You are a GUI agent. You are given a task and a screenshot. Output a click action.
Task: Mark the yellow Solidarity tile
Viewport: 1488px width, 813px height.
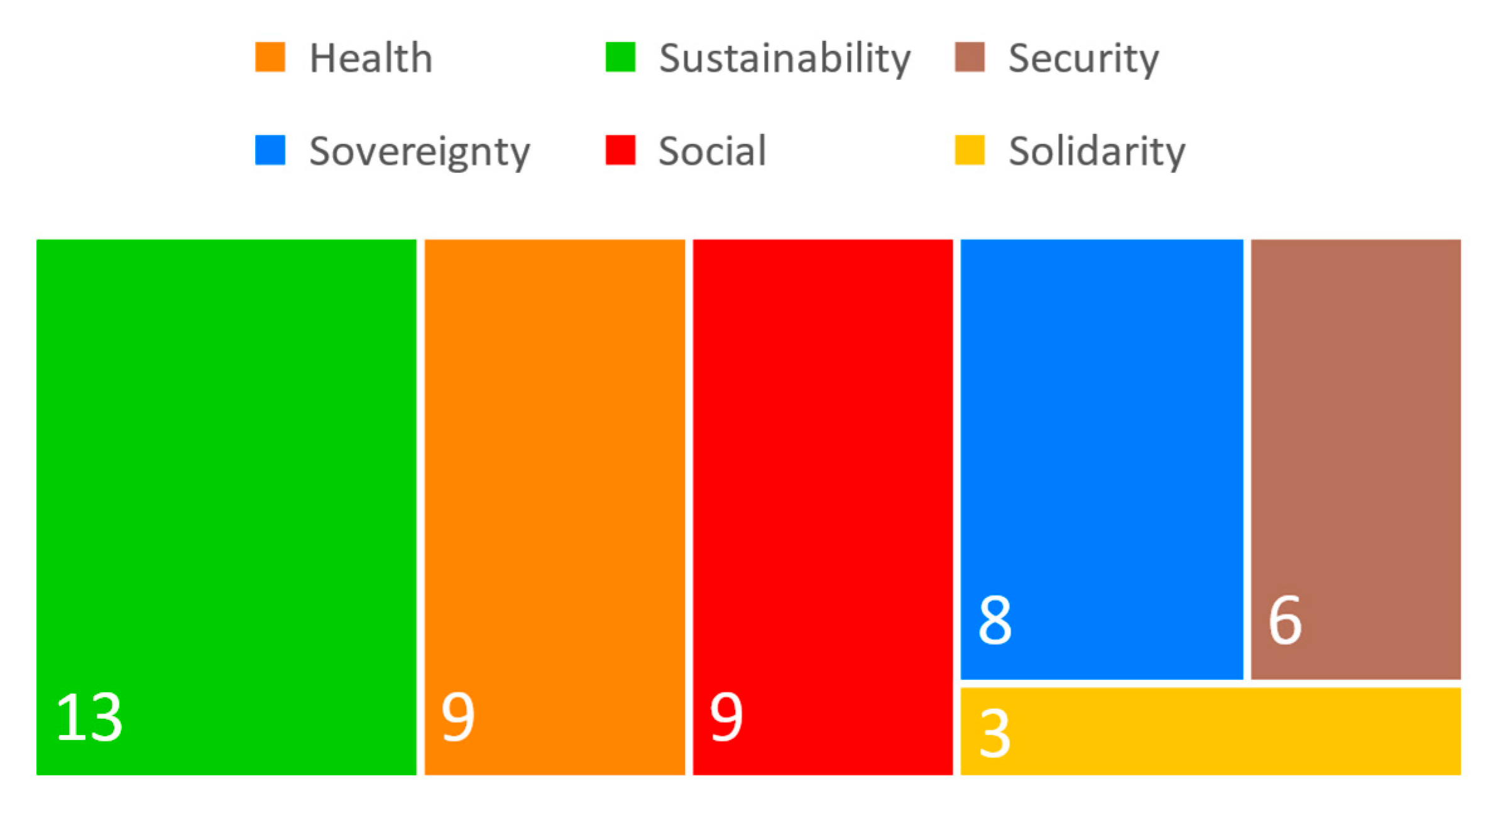1210,731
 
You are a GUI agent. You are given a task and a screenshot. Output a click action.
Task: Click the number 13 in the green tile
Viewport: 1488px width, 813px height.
89,717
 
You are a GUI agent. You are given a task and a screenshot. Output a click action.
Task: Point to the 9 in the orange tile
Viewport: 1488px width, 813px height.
457,717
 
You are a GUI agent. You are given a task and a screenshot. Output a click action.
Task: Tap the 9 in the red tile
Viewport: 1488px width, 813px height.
726,717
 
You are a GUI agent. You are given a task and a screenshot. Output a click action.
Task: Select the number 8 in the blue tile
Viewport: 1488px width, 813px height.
995,621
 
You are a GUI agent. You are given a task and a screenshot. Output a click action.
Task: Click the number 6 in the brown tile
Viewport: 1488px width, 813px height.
1284,621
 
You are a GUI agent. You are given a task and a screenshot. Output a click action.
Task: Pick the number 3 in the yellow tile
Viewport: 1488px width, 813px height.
995,733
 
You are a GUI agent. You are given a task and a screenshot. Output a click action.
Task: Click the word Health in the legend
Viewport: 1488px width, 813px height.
371,58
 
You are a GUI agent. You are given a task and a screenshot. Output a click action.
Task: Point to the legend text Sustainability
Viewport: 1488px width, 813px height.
784,59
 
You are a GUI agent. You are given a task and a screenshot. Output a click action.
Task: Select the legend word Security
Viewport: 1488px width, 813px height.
1083,59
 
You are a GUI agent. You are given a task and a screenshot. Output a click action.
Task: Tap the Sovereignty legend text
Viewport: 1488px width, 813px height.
419,152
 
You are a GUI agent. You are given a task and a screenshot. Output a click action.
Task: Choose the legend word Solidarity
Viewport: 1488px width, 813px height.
1097,152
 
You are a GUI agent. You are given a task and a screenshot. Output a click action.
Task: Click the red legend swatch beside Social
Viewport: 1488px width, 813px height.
620,150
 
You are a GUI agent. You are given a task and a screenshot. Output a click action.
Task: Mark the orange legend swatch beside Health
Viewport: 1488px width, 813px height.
270,57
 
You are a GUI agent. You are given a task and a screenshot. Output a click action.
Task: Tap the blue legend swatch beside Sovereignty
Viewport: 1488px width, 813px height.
270,150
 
